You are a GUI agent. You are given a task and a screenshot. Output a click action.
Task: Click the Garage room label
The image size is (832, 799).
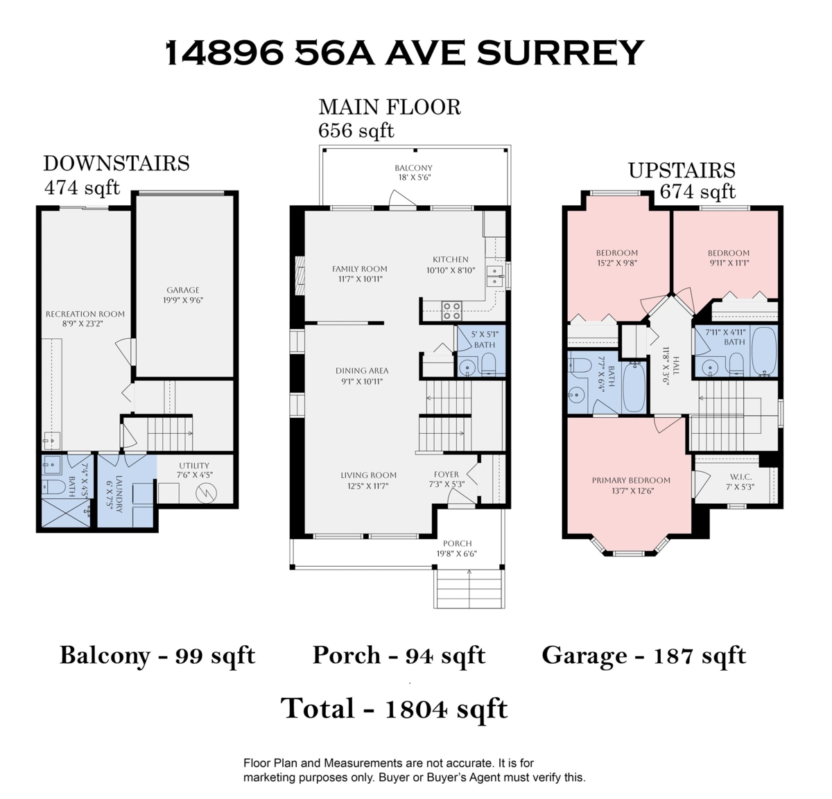[x=183, y=290]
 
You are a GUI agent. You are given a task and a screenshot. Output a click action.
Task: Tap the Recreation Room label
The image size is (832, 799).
[x=85, y=314]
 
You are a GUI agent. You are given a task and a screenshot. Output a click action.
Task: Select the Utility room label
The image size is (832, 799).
[x=194, y=466]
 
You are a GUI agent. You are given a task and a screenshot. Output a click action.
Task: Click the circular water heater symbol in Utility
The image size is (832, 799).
[x=206, y=493]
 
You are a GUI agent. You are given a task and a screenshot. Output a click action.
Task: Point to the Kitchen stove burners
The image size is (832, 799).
[x=451, y=310]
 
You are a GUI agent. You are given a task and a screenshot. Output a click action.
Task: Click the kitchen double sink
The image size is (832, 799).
[x=494, y=276]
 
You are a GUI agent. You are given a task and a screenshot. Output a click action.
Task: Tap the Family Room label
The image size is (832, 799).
[x=360, y=269]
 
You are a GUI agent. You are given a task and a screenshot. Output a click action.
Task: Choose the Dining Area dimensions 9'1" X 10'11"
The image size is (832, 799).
[x=362, y=382]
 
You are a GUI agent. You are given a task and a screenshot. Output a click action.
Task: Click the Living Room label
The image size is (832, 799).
[x=369, y=475]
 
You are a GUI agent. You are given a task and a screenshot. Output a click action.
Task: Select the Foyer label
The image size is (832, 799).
[x=447, y=474]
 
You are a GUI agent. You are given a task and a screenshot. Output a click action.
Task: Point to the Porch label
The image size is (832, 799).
[x=457, y=543]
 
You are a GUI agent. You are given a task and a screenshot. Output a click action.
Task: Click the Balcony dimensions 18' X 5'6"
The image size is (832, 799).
[x=413, y=177]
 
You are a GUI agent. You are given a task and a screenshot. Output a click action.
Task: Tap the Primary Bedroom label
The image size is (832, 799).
[x=631, y=480]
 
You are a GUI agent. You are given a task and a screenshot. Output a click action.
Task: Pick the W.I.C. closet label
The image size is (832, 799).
[x=740, y=476]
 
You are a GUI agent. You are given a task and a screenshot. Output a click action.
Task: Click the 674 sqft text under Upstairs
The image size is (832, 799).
[x=697, y=191]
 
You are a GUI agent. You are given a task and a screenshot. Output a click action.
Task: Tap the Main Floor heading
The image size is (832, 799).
[x=390, y=107]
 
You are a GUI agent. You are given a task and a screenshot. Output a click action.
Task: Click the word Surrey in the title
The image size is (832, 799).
[x=560, y=53]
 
